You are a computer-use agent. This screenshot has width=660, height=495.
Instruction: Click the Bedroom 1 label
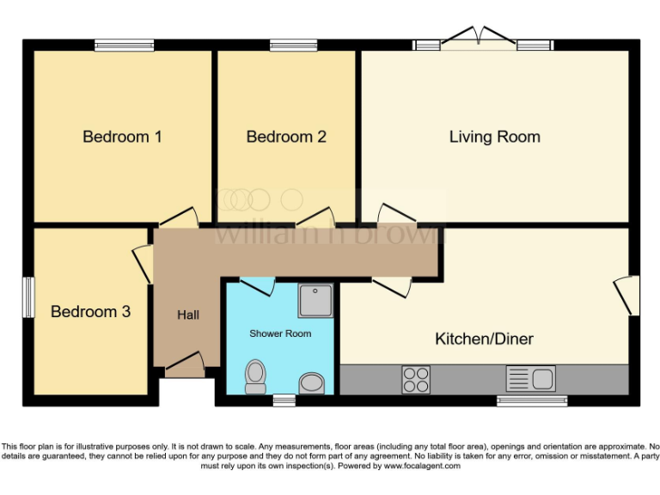point(122,137)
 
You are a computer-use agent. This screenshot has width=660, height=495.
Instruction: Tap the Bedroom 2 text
point(286,137)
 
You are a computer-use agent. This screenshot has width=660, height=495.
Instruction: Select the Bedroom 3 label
point(90,311)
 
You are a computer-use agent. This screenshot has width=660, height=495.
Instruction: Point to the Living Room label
point(494,137)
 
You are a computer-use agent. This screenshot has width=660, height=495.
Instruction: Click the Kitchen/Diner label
point(484,339)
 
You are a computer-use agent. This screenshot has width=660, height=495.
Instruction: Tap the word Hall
point(188,315)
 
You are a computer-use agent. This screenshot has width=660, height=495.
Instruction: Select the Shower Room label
point(280,333)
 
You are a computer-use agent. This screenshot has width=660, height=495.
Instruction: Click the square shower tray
point(315,301)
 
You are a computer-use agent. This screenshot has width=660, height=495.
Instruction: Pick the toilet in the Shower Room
point(255,376)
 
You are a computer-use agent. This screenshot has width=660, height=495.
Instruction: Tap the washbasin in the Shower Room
point(312,382)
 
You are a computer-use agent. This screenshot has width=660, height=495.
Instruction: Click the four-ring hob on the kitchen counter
point(416,379)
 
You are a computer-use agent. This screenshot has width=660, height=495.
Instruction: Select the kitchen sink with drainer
point(530,378)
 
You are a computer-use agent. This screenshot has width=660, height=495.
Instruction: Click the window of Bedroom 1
point(124,46)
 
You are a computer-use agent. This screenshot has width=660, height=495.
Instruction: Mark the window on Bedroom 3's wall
point(28,297)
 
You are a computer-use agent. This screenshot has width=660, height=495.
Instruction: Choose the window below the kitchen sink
point(531,400)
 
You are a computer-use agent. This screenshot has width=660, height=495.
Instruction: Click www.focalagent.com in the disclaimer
point(422,466)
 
